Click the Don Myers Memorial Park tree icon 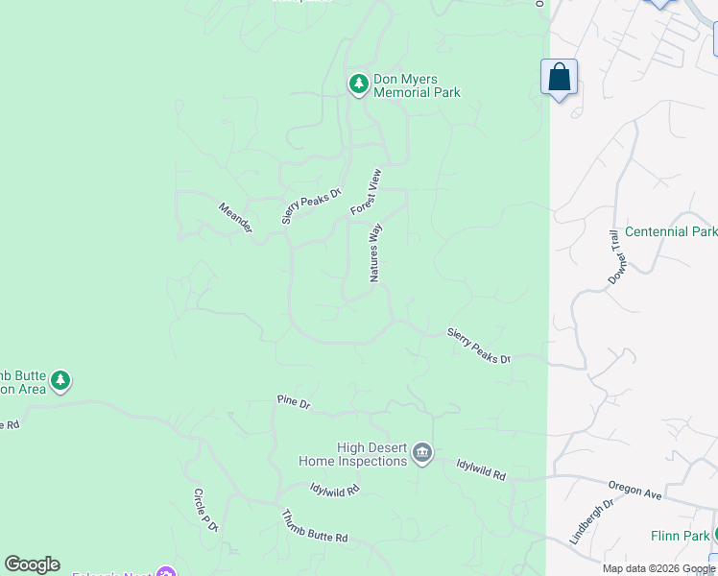(359, 84)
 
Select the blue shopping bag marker (559, 78)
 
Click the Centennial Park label (670, 231)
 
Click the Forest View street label (366, 192)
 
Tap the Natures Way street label (376, 252)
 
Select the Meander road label (235, 217)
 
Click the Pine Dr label (293, 403)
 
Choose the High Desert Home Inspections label (352, 454)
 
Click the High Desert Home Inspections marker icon (422, 453)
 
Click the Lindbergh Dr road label (590, 521)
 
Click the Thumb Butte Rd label (314, 527)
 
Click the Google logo (32, 564)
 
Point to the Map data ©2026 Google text (658, 568)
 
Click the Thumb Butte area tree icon (60, 381)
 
